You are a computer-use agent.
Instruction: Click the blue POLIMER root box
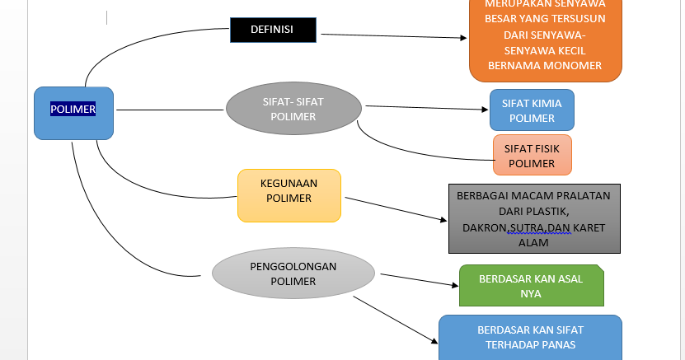point(73,113)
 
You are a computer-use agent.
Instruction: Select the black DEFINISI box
point(273,31)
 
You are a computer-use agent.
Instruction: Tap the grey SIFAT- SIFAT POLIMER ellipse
point(294,110)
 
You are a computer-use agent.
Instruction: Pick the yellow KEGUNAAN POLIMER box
point(289,195)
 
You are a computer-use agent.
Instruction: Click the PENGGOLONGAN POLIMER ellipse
point(293,274)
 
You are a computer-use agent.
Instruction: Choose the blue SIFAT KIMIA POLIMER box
point(532,110)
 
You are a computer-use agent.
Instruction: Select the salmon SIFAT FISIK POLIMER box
point(532,156)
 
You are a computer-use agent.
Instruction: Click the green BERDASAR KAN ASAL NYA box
point(531,285)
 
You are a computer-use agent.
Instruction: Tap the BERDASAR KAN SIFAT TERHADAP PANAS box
point(531,337)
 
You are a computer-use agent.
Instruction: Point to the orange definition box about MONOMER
point(544,41)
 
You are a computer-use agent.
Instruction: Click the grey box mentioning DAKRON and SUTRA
point(533,218)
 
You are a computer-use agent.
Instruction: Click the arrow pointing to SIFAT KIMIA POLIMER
point(429,108)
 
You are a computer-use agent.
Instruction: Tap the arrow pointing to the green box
point(416,278)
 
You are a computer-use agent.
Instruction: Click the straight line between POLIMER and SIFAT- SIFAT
point(169,110)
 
